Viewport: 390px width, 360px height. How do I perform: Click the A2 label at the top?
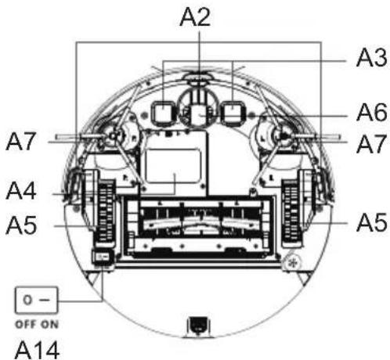pyautogui.click(x=195, y=17)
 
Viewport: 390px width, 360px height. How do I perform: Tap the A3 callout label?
pyautogui.click(x=371, y=58)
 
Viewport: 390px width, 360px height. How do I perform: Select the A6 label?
pyautogui.click(x=372, y=113)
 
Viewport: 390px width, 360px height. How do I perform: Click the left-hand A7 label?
pyautogui.click(x=20, y=142)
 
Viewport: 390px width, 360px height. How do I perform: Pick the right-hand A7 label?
pyautogui.click(x=371, y=144)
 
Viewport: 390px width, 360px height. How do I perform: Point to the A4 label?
pyautogui.click(x=21, y=191)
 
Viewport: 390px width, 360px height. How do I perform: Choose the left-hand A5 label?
pyautogui.click(x=21, y=225)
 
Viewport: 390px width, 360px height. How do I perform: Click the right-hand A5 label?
pyautogui.click(x=372, y=222)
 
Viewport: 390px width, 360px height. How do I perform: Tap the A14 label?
pyautogui.click(x=37, y=350)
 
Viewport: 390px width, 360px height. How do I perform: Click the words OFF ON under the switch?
pyautogui.click(x=37, y=325)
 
